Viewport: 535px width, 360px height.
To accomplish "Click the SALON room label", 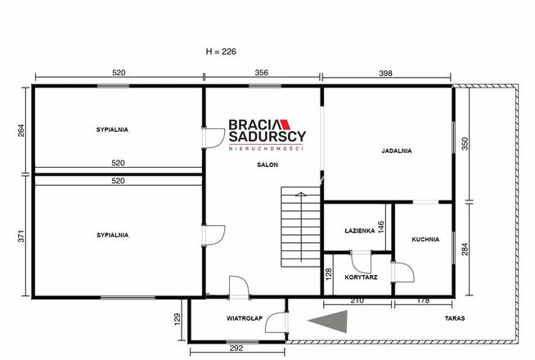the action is click(x=267, y=164).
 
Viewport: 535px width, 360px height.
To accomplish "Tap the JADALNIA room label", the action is click(x=397, y=151).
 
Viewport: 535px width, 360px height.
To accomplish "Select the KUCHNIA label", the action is click(x=425, y=240).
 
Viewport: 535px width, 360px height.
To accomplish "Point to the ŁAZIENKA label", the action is click(x=360, y=231).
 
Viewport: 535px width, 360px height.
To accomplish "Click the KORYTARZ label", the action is click(x=361, y=277).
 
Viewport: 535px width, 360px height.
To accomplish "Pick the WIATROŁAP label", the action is click(x=245, y=318).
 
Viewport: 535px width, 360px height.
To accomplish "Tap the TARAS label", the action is click(x=455, y=318).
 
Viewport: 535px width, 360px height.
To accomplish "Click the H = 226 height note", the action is click(x=221, y=52).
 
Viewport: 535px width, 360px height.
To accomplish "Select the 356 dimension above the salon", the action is click(x=261, y=73).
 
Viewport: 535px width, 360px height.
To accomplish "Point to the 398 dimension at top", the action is click(x=385, y=73).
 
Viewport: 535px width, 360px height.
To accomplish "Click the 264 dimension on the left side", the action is click(x=21, y=130).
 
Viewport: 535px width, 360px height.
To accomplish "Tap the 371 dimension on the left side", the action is click(x=21, y=236).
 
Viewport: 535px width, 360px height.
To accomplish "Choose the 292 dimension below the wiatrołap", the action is click(x=236, y=348).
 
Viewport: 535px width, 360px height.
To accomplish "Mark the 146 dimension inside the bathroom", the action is click(x=381, y=227).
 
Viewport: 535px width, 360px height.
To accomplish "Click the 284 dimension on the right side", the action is click(x=465, y=249).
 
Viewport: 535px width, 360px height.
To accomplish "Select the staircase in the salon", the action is click(x=300, y=227).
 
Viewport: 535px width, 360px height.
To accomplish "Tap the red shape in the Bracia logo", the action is click(x=284, y=124).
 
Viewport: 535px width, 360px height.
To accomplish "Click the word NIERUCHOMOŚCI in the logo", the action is click(x=266, y=148).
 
